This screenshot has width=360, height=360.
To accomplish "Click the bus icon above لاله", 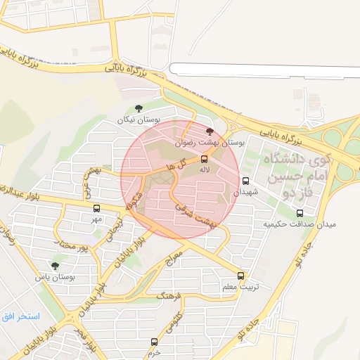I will coord(205,159).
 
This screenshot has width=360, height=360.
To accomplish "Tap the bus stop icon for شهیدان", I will coord(245,181).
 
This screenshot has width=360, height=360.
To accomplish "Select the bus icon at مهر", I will coord(96,208).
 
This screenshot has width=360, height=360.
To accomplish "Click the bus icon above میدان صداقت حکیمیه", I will coord(300,212).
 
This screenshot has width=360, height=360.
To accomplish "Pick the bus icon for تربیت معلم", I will coord(241,276).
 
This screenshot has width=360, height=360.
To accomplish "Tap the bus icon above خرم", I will coord(154,342).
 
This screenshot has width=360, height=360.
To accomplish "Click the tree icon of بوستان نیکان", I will coord(139,108).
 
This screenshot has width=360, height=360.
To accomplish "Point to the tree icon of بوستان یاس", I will coord(56,266).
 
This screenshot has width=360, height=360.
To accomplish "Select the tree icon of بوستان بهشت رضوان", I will coord(208,131).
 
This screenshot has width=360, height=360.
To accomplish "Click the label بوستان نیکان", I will coord(134,120).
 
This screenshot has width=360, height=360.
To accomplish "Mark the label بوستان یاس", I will coord(56,277).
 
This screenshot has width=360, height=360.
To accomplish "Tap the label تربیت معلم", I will coord(240,287).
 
